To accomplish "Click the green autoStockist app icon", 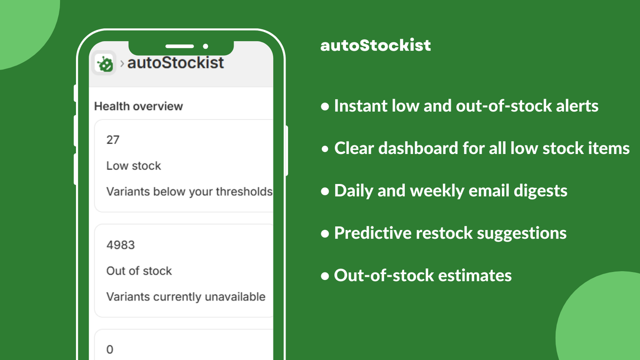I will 104,63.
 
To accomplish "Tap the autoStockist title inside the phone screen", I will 175,63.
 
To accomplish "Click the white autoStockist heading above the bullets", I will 375,45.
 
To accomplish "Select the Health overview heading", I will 138,106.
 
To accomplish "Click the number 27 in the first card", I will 113,140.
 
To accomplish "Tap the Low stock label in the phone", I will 133,166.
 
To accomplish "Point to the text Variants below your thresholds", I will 189,192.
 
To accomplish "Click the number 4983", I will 120,245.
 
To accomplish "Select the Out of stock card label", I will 139,271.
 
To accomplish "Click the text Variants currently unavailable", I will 185,297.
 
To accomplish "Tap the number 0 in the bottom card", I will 110,349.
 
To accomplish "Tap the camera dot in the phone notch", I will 205,46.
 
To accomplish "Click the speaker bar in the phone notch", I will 179,46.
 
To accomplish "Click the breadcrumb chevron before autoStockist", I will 122,63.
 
